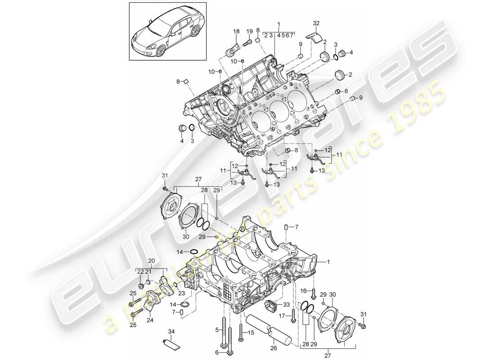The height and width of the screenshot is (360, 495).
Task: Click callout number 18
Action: [x=236, y=31]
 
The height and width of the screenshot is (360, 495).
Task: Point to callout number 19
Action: [x=249, y=31]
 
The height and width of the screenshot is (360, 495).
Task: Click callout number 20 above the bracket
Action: [x=151, y=261]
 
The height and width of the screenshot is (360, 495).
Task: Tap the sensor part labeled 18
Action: [x=234, y=47]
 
